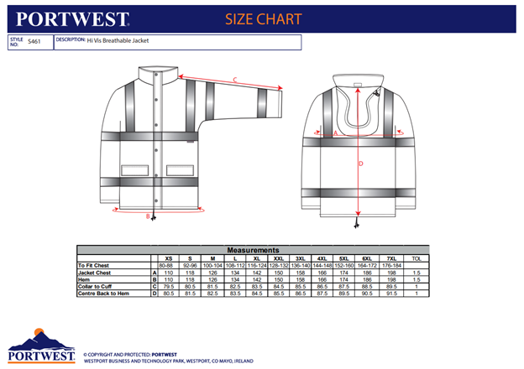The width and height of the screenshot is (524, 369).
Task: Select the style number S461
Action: pyautogui.click(x=34, y=40)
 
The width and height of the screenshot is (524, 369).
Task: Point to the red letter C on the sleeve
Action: pyautogui.click(x=236, y=81)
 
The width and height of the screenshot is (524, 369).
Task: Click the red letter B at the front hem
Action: pyautogui.click(x=148, y=217)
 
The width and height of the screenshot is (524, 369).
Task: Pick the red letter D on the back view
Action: pyautogui.click(x=361, y=164)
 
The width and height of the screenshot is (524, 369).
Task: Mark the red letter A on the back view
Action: pyautogui.click(x=335, y=133)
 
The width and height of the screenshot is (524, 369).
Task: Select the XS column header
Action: pyautogui.click(x=169, y=258)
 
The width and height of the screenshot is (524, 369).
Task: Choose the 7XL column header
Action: pyautogui.click(x=390, y=258)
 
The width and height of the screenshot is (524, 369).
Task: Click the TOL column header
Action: pyautogui.click(x=417, y=258)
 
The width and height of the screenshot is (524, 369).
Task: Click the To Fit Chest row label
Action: pyautogui.click(x=95, y=266)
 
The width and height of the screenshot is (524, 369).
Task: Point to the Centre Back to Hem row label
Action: pyautogui.click(x=106, y=293)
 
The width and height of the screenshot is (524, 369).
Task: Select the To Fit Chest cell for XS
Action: pyautogui.click(x=169, y=266)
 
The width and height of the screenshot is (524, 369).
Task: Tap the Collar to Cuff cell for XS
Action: pyautogui.click(x=169, y=286)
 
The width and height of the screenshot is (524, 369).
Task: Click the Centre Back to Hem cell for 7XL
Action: pyautogui.click(x=390, y=293)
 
